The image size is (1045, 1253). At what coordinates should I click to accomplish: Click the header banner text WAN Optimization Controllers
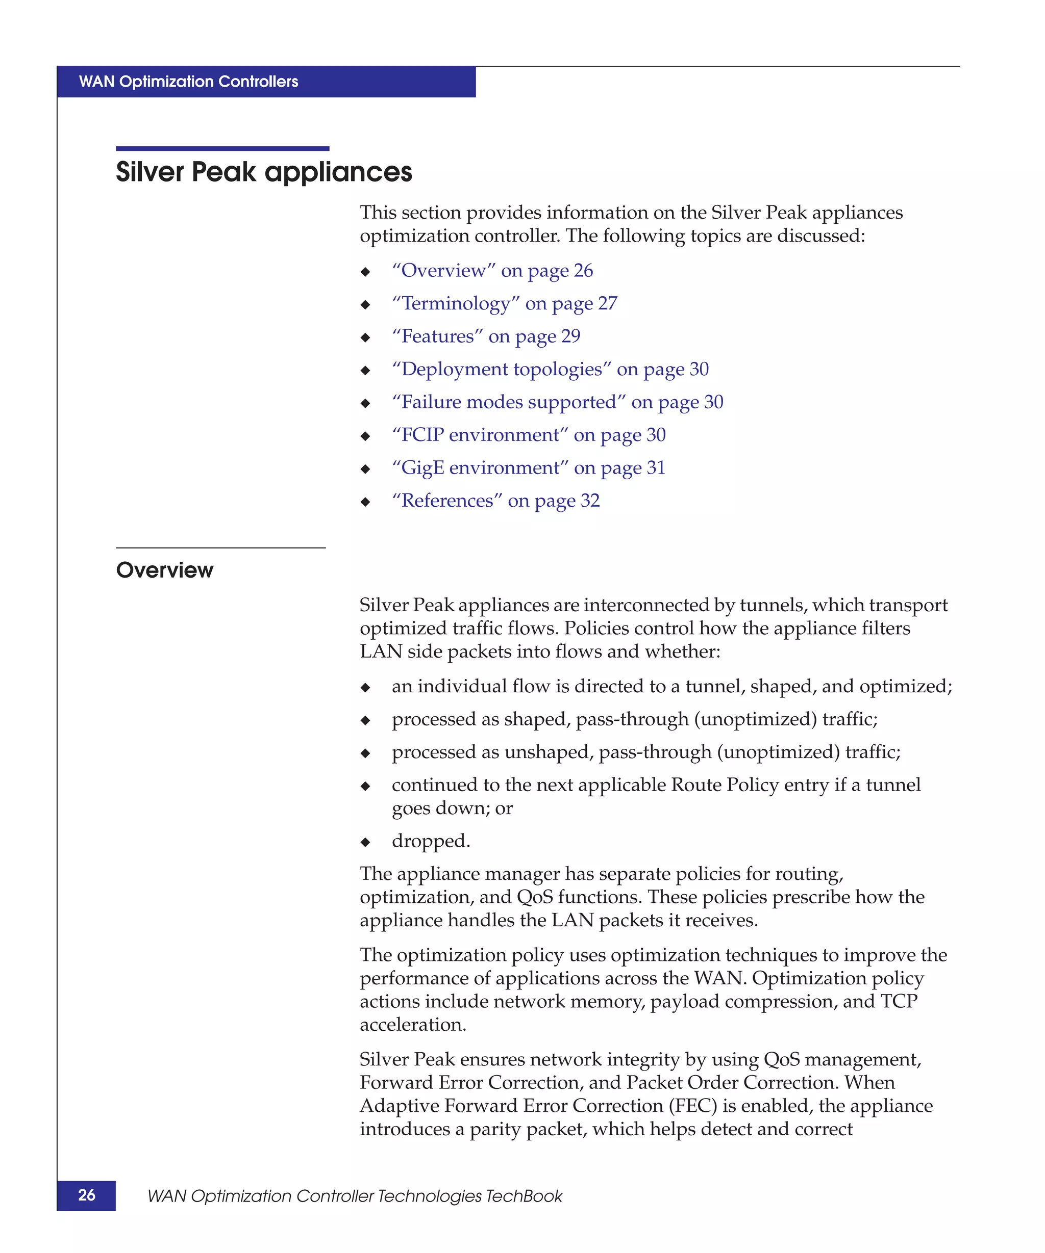[188, 82]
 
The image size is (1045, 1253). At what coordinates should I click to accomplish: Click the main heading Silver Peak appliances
[263, 172]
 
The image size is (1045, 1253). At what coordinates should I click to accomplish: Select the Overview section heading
[164, 570]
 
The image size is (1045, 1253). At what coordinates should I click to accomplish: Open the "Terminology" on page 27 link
[504, 304]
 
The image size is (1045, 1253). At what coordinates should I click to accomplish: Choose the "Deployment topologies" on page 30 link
[550, 370]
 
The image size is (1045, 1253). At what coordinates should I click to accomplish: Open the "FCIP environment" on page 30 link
[529, 435]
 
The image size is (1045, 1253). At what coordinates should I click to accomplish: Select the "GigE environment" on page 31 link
[528, 468]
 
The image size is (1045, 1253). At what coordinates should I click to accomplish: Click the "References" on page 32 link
[495, 501]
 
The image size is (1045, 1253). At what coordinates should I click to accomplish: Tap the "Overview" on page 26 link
[492, 271]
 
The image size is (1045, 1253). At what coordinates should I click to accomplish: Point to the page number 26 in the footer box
[87, 1194]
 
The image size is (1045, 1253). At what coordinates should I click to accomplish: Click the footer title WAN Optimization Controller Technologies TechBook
[355, 1196]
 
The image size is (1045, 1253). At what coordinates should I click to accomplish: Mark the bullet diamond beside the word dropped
[365, 843]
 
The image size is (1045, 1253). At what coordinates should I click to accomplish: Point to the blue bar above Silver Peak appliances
[222, 148]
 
